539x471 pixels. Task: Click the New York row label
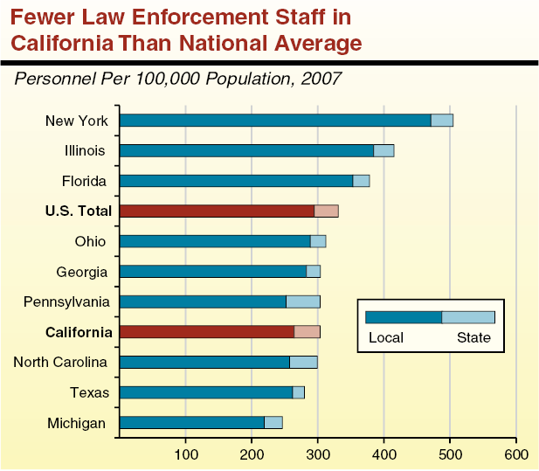coord(77,121)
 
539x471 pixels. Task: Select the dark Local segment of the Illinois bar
coord(246,150)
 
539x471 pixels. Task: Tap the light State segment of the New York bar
coord(442,121)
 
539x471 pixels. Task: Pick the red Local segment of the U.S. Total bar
coord(217,211)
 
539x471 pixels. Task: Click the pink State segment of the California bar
coord(308,331)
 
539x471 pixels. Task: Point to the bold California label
coord(79,332)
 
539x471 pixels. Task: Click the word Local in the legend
coord(385,337)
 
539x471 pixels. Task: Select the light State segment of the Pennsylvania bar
coord(303,301)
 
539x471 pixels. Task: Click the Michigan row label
coord(77,423)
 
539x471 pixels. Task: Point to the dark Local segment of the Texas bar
coord(206,391)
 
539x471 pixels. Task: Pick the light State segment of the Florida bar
coord(361,181)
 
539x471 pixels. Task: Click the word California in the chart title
coord(55,41)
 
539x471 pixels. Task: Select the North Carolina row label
coord(60,362)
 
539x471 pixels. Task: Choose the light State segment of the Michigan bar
coord(273,422)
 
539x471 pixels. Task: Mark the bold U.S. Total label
coord(79,211)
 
